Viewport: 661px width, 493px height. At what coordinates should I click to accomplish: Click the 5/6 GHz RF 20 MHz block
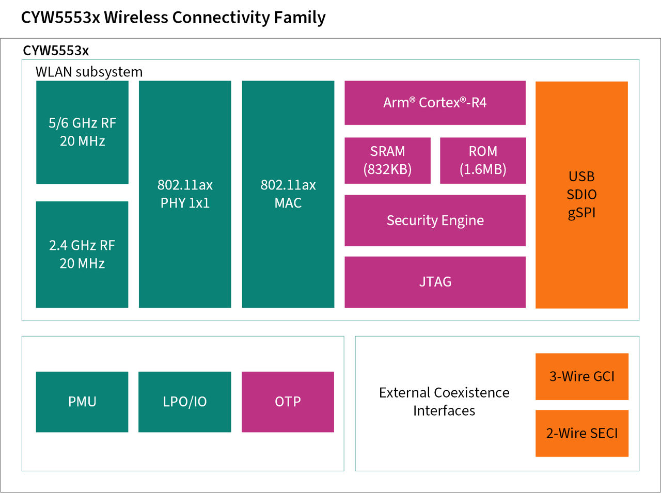tap(82, 132)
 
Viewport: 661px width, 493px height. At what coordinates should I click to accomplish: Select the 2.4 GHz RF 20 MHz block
tap(82, 255)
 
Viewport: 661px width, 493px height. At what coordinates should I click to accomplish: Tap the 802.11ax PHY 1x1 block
tap(185, 194)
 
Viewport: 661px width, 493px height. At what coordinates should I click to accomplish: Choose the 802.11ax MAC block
tap(288, 194)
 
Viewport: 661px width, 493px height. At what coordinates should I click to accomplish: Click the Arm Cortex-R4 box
tap(435, 103)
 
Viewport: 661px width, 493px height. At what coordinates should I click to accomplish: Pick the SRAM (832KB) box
tap(387, 161)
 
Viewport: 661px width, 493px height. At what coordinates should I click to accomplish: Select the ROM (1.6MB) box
tap(483, 161)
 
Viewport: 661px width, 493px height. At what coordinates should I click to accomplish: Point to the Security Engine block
tap(435, 220)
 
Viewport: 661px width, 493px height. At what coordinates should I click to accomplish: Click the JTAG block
tap(435, 282)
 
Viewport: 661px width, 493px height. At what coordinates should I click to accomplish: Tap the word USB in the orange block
tap(581, 177)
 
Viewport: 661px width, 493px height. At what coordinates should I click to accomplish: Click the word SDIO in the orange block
tap(581, 195)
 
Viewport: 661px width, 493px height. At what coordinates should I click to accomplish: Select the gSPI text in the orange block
tap(581, 213)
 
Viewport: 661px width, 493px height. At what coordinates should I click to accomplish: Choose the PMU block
tap(82, 402)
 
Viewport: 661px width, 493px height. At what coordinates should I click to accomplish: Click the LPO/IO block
tap(185, 402)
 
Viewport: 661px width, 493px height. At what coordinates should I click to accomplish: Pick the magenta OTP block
tap(288, 402)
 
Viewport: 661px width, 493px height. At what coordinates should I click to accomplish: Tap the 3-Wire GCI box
tap(582, 376)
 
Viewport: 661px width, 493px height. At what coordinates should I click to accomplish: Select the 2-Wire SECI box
tap(582, 433)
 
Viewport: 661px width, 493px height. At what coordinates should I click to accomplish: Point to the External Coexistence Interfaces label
tap(444, 402)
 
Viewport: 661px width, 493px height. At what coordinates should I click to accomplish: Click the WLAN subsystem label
tap(89, 72)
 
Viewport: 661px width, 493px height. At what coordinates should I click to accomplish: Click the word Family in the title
tap(300, 18)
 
